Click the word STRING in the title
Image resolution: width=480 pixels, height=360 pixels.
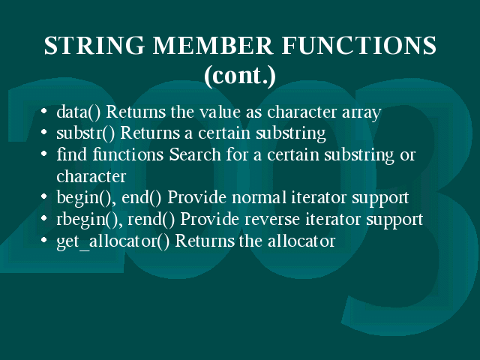tap(94, 45)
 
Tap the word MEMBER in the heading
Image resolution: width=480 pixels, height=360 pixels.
tap(213, 45)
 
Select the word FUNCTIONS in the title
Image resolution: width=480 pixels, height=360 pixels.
tap(358, 45)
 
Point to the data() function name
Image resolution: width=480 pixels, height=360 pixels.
tap(78, 112)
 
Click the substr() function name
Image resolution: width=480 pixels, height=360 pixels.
tap(85, 133)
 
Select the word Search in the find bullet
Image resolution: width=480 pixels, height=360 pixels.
tap(195, 154)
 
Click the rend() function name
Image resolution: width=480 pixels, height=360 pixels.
tap(151, 220)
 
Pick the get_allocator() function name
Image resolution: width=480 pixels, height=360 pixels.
tap(113, 241)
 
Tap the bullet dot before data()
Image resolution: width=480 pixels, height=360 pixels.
tap(43, 111)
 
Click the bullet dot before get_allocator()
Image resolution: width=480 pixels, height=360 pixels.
tap(43, 239)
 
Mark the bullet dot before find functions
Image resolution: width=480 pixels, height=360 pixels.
tap(43, 154)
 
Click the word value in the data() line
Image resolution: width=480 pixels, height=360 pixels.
tap(220, 112)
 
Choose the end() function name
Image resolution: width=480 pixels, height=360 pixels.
tap(142, 198)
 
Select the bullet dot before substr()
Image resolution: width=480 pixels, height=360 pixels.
tap(43, 132)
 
